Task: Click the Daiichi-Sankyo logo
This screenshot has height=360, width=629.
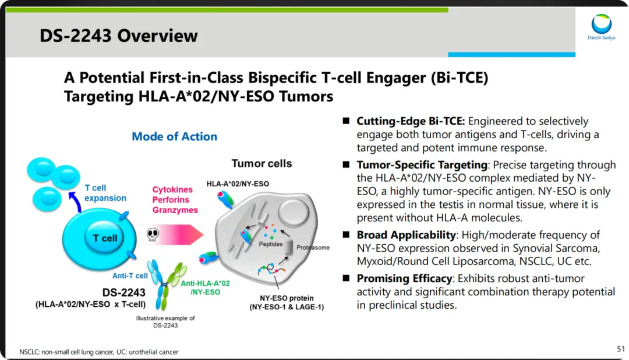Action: coord(601,29)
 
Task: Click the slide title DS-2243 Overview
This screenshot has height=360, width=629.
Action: coord(119,36)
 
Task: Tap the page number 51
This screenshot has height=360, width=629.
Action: coord(620,348)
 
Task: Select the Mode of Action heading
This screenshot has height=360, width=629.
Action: coord(174,136)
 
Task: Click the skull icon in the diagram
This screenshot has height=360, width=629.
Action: coord(152,234)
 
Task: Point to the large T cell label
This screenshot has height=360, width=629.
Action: coord(105,238)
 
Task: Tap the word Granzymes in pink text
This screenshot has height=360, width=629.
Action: coord(175,210)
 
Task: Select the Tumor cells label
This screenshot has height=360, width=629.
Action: coord(262,163)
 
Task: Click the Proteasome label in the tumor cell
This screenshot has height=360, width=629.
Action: coord(313,248)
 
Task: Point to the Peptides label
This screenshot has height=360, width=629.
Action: coord(271,244)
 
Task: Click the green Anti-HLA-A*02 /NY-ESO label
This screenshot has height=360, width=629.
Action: coord(205,287)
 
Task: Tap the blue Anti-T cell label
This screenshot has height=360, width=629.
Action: coord(130,276)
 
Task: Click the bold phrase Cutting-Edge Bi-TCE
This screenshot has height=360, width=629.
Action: coord(411,121)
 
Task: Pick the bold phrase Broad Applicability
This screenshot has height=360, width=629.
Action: coord(406,235)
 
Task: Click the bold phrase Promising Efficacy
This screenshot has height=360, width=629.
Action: coord(404,278)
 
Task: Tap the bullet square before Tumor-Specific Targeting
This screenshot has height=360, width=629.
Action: coord(345,165)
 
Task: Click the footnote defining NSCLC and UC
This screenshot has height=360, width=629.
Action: coord(98,352)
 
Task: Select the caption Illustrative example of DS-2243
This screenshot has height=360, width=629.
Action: coord(165,322)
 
